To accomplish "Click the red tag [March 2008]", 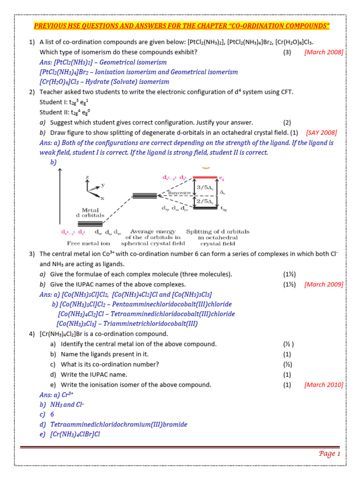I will (x=323, y=52).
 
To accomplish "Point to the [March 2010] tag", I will (x=323, y=385).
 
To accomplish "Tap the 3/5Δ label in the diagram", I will (x=205, y=187).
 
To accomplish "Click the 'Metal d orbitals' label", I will (x=90, y=213).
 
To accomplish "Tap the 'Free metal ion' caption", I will (x=88, y=244).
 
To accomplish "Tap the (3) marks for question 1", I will (x=287, y=52).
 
